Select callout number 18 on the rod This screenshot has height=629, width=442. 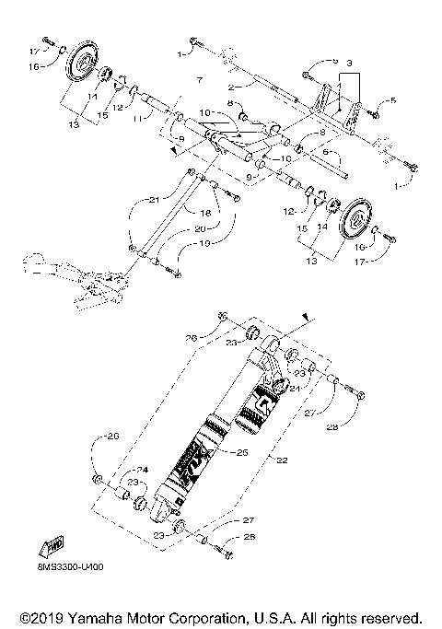click(204, 213)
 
